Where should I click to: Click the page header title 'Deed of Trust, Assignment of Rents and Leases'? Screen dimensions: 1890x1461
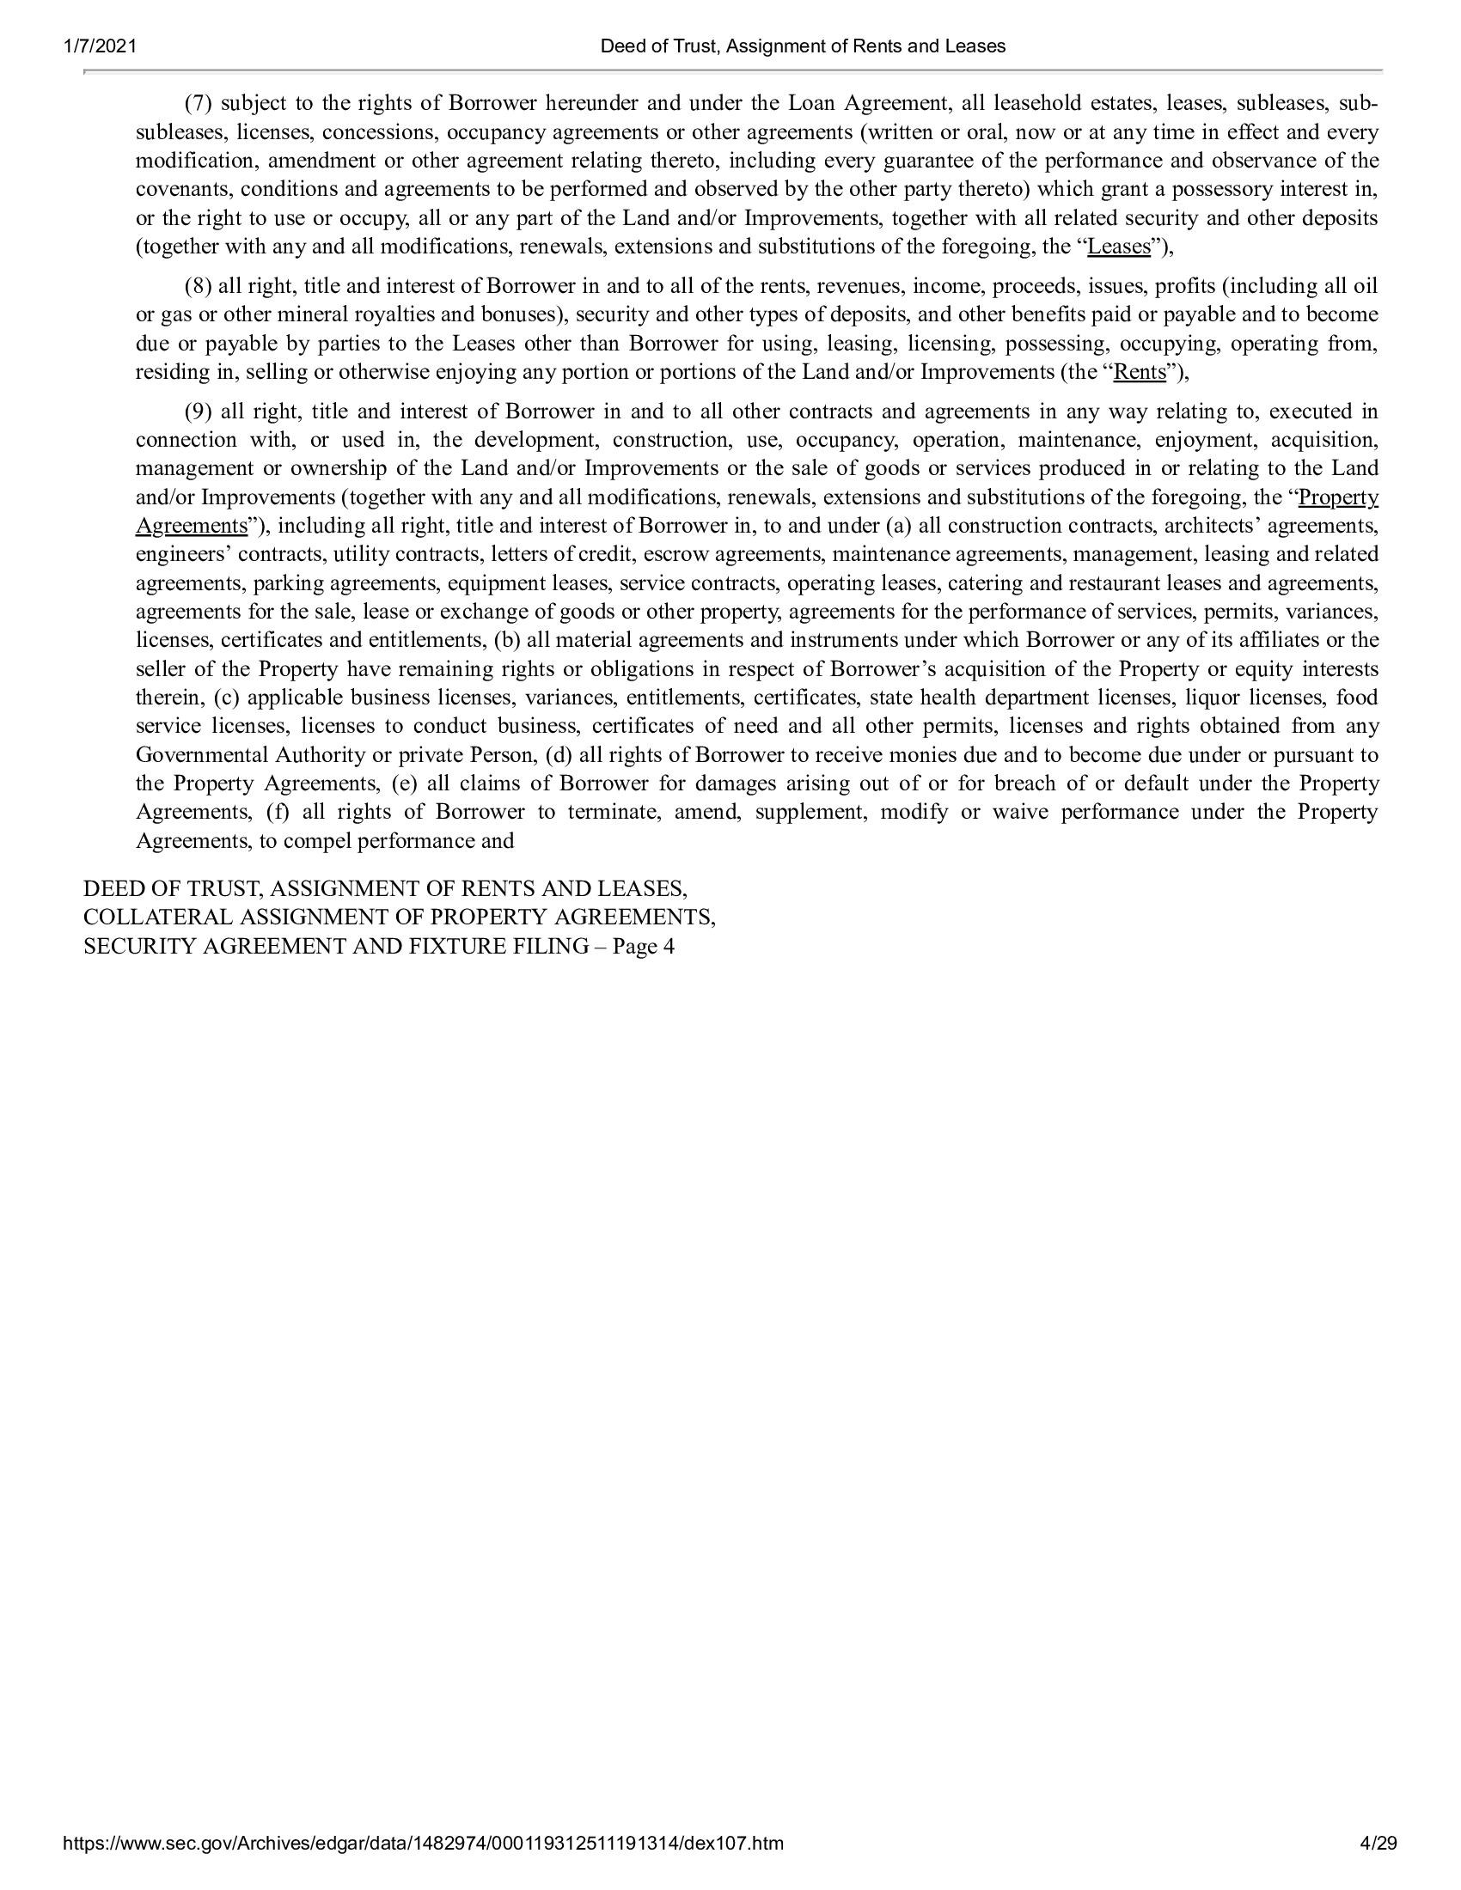[803, 46]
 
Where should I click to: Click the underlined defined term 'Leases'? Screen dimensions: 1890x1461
[1118, 247]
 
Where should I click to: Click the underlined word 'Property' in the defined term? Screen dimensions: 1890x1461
[1338, 497]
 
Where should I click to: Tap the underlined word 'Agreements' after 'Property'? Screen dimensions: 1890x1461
[192, 526]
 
